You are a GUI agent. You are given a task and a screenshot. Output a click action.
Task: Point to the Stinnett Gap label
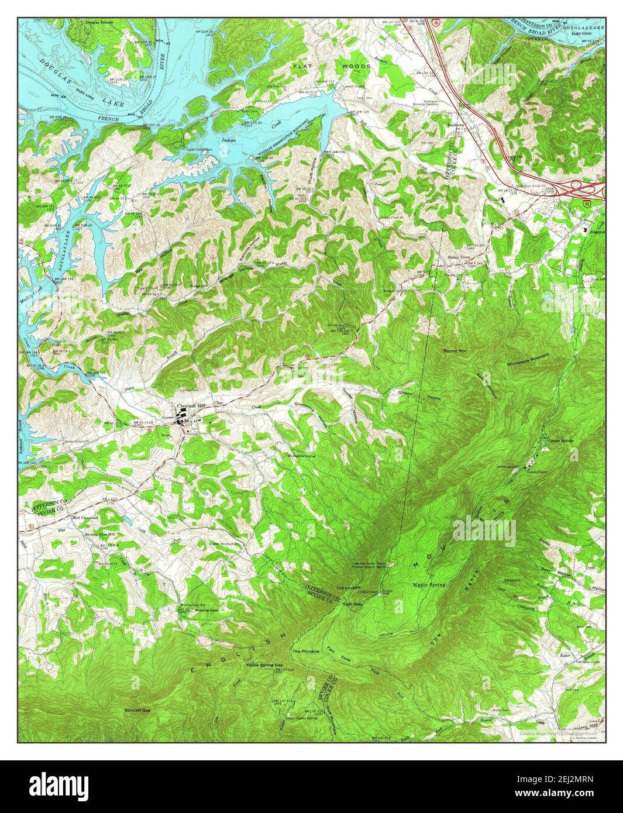coord(137,710)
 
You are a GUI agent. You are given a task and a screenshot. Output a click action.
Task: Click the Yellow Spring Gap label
coord(264,666)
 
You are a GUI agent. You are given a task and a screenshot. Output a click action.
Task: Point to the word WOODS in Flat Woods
coord(357,67)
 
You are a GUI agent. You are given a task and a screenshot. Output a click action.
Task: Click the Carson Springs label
coord(561,440)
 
